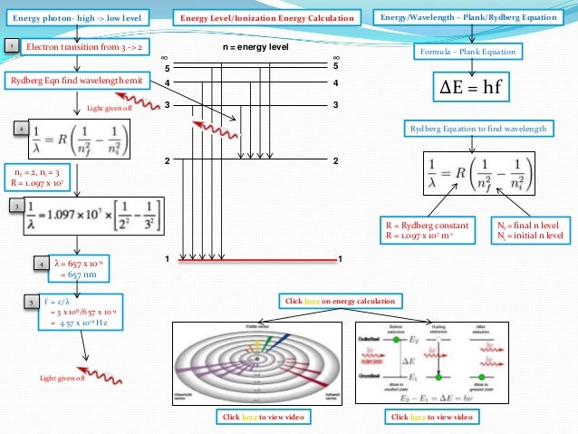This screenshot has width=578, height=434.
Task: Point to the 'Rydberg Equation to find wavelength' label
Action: pyautogui.click(x=477, y=130)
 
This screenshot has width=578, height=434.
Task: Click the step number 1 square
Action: pyautogui.click(x=10, y=44)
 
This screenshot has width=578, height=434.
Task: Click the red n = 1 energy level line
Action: pyautogui.click(x=258, y=261)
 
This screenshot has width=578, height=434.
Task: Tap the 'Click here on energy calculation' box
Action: pyautogui.click(x=339, y=300)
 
